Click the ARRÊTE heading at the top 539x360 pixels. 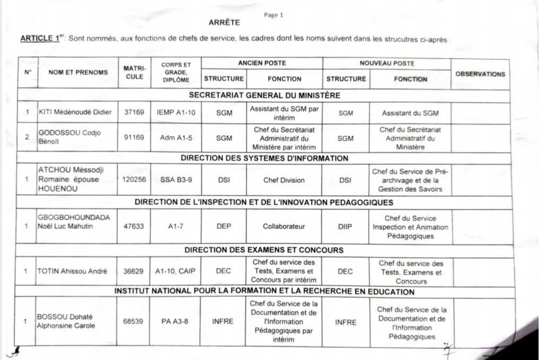(225, 23)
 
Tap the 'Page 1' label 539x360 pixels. (274, 15)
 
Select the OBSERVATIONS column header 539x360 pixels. (480, 74)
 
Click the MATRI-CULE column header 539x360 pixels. (134, 73)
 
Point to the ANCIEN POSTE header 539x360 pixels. (262, 63)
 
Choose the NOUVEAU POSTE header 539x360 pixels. (387, 63)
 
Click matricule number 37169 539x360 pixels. (134, 112)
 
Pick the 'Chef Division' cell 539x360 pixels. (284, 180)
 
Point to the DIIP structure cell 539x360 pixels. (345, 226)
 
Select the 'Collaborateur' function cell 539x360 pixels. (284, 226)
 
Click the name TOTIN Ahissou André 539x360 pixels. (72, 271)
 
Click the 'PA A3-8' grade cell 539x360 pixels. (175, 321)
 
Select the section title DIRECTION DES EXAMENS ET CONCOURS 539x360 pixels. (264, 250)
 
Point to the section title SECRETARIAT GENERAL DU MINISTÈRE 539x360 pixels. (264, 95)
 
